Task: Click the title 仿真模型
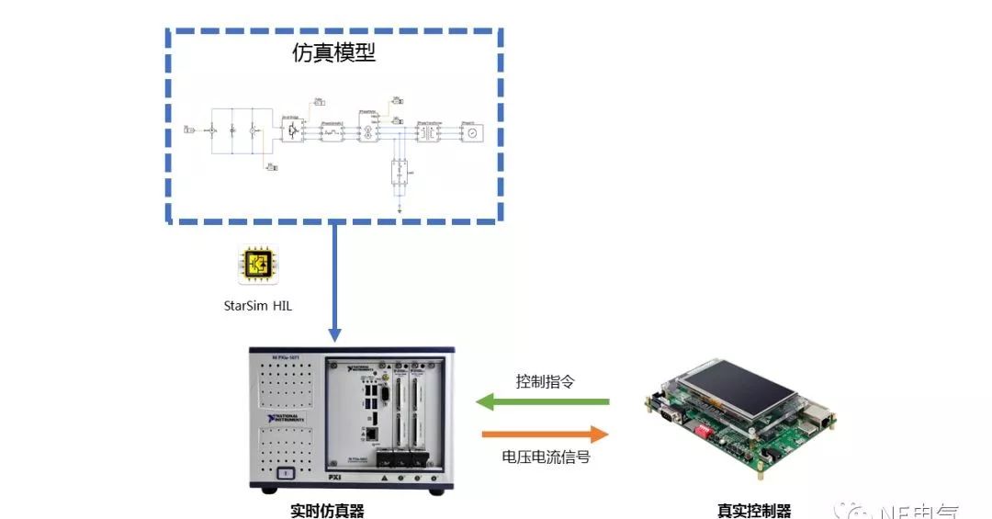[334, 53]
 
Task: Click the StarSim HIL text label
[258, 305]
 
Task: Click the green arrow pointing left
[543, 401]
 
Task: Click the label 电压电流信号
[546, 456]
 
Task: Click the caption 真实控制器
[754, 511]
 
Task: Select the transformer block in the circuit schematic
[427, 132]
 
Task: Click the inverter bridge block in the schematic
[293, 130]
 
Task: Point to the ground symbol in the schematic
[400, 209]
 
